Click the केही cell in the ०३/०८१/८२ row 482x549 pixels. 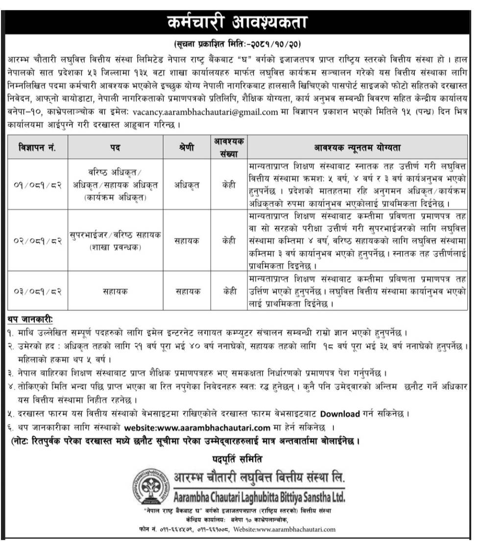229,291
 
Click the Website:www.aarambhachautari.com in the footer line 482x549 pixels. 285,529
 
